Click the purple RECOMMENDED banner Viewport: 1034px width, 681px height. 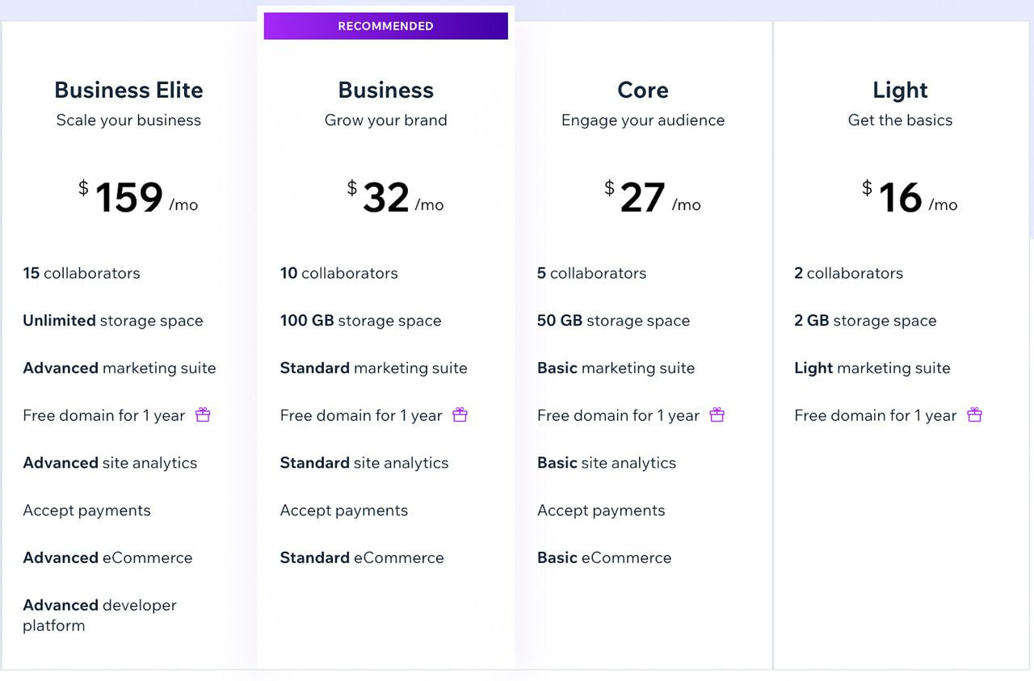point(385,26)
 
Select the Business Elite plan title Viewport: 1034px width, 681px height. point(128,90)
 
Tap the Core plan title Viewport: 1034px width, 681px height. point(643,90)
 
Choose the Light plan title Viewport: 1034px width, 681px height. point(900,90)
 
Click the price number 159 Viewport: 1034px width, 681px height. point(129,198)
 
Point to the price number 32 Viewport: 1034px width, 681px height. point(386,198)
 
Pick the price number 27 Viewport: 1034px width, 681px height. point(642,198)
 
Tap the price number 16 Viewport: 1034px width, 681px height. point(900,198)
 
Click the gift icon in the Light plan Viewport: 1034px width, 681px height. point(975,415)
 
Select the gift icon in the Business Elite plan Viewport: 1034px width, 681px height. point(203,415)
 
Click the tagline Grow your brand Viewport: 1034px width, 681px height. point(385,120)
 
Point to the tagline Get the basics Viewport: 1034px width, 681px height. point(900,120)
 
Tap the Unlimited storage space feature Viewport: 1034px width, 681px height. point(113,321)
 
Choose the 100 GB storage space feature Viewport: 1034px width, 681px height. point(360,321)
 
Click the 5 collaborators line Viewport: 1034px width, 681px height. point(591,273)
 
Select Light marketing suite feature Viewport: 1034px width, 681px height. point(872,368)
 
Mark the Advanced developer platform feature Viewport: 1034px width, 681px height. point(99,615)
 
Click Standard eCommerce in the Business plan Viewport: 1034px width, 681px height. point(362,558)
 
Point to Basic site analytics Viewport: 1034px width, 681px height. point(607,463)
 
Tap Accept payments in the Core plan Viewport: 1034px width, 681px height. point(601,511)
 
